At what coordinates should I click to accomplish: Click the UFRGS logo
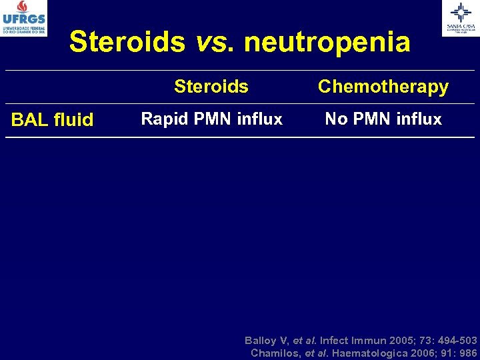(x=23, y=18)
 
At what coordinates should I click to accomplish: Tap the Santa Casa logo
(x=460, y=17)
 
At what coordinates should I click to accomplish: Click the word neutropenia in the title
(x=327, y=42)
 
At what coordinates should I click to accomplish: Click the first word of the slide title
(x=127, y=42)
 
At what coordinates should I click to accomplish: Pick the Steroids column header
(x=211, y=87)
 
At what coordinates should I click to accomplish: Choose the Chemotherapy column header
(x=383, y=87)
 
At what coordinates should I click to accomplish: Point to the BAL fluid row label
(x=53, y=120)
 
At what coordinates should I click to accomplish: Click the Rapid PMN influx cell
(x=212, y=119)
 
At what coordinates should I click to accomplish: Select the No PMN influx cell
(x=383, y=119)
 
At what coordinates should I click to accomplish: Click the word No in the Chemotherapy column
(x=335, y=119)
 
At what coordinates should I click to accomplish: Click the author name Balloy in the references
(x=261, y=340)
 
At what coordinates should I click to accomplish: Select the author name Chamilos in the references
(x=275, y=353)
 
